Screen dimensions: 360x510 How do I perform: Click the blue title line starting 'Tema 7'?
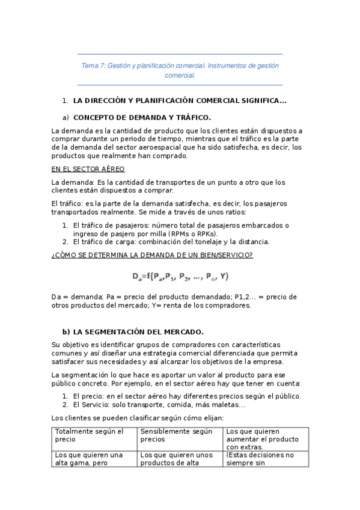180,65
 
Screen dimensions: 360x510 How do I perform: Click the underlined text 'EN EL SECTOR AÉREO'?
88,169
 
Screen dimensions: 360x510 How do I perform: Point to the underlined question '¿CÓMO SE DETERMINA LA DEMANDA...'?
152,255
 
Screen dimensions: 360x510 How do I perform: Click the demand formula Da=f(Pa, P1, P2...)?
180,277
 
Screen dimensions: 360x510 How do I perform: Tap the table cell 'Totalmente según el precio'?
89,435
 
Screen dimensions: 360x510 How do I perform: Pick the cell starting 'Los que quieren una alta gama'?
89,459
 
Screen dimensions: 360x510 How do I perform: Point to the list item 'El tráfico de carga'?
171,242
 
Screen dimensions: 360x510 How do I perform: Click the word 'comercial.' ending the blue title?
180,76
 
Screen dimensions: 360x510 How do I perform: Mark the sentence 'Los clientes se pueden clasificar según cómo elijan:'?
138,417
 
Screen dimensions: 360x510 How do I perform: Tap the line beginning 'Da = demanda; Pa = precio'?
174,296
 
